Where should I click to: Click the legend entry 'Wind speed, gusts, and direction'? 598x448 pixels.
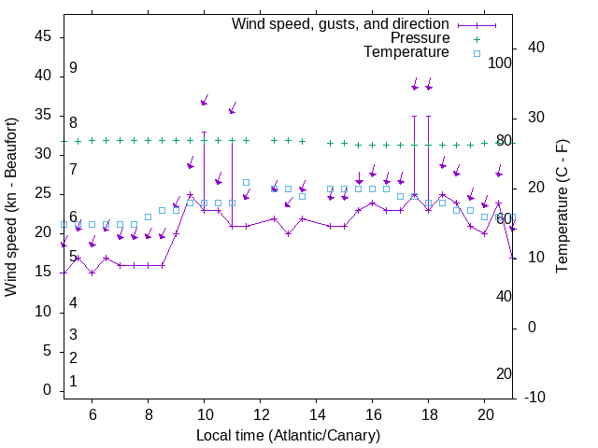click(341, 23)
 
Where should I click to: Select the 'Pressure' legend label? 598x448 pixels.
click(420, 38)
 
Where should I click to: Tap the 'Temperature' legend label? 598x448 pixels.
click(406, 52)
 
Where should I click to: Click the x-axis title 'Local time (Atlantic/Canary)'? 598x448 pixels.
click(288, 436)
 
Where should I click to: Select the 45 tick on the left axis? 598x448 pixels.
click(43, 36)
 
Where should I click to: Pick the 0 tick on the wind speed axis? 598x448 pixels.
click(48, 390)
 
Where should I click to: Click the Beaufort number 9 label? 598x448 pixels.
click(73, 68)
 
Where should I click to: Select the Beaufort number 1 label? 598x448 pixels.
click(73, 382)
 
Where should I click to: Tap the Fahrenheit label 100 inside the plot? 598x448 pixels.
click(501, 63)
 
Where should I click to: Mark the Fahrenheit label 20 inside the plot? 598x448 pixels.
click(505, 374)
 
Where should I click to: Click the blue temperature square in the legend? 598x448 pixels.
click(477, 53)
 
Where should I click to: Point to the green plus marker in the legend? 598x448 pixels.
click(477, 38)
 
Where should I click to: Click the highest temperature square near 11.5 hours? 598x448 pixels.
click(247, 183)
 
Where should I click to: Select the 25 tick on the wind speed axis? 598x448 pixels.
click(43, 193)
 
